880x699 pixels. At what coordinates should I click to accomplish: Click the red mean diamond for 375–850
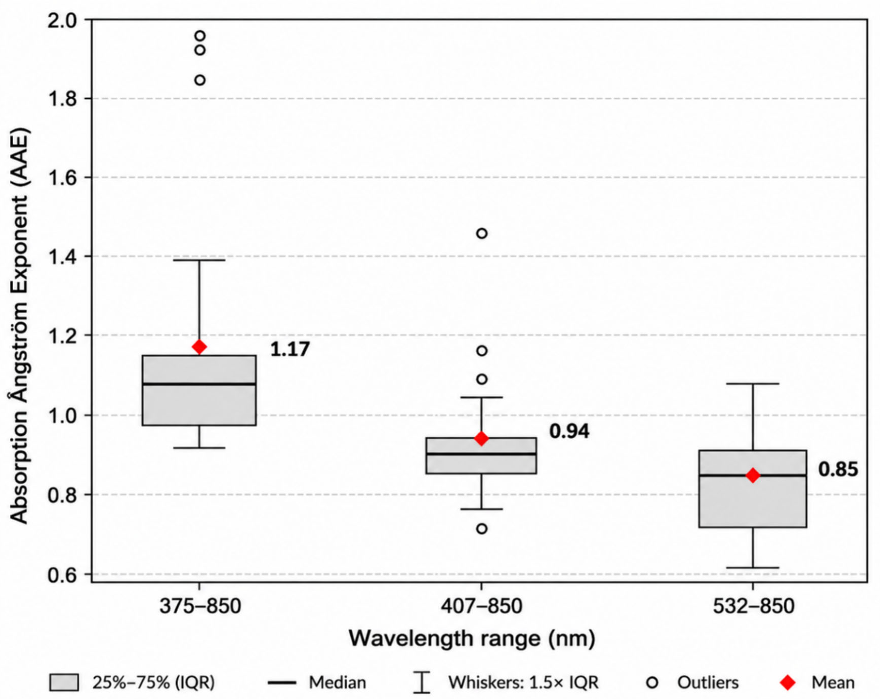coord(200,347)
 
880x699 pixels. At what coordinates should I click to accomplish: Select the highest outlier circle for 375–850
coord(200,36)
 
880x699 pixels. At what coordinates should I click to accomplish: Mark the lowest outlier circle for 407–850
coord(482,529)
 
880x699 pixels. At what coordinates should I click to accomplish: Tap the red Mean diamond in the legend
coord(787,682)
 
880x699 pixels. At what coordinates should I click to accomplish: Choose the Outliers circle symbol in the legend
coord(653,682)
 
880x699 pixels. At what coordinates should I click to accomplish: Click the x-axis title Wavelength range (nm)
coord(472,639)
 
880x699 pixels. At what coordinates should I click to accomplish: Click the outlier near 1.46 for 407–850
coord(482,234)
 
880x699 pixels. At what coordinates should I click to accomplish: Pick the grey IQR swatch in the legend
coord(64,682)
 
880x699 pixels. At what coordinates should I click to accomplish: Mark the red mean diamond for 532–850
coord(753,475)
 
